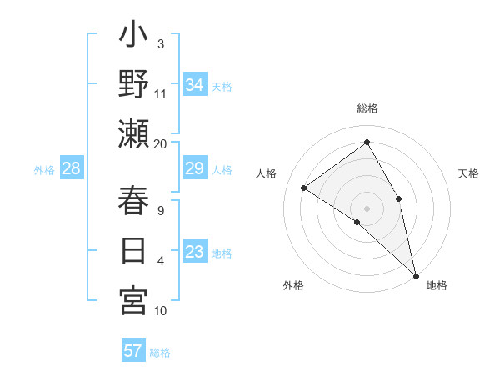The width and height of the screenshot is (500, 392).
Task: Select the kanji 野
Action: pos(133,85)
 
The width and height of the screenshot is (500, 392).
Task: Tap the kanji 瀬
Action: pos(133,134)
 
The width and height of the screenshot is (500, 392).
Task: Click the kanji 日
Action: pos(133,250)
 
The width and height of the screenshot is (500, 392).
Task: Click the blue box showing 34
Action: pos(195,85)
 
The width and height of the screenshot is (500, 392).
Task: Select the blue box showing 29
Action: pos(195,169)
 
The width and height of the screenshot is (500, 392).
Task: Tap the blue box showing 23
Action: pos(195,252)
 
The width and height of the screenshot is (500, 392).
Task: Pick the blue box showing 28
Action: pos(72,169)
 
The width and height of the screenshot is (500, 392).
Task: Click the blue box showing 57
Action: pos(133,351)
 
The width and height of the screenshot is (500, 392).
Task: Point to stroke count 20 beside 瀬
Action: pos(161,143)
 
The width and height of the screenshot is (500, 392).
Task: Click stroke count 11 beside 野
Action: pos(161,93)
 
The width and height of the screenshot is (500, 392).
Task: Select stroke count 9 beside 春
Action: pos(161,210)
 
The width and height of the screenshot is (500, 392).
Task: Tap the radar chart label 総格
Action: pos(367,108)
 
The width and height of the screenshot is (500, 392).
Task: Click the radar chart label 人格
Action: pos(267,173)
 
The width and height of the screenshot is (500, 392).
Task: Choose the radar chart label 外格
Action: pos(293,285)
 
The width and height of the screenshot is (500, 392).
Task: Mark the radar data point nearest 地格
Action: pos(415,274)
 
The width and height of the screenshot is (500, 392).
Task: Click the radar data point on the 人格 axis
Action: pos(304,188)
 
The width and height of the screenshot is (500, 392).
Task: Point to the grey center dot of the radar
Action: pos(367,208)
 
